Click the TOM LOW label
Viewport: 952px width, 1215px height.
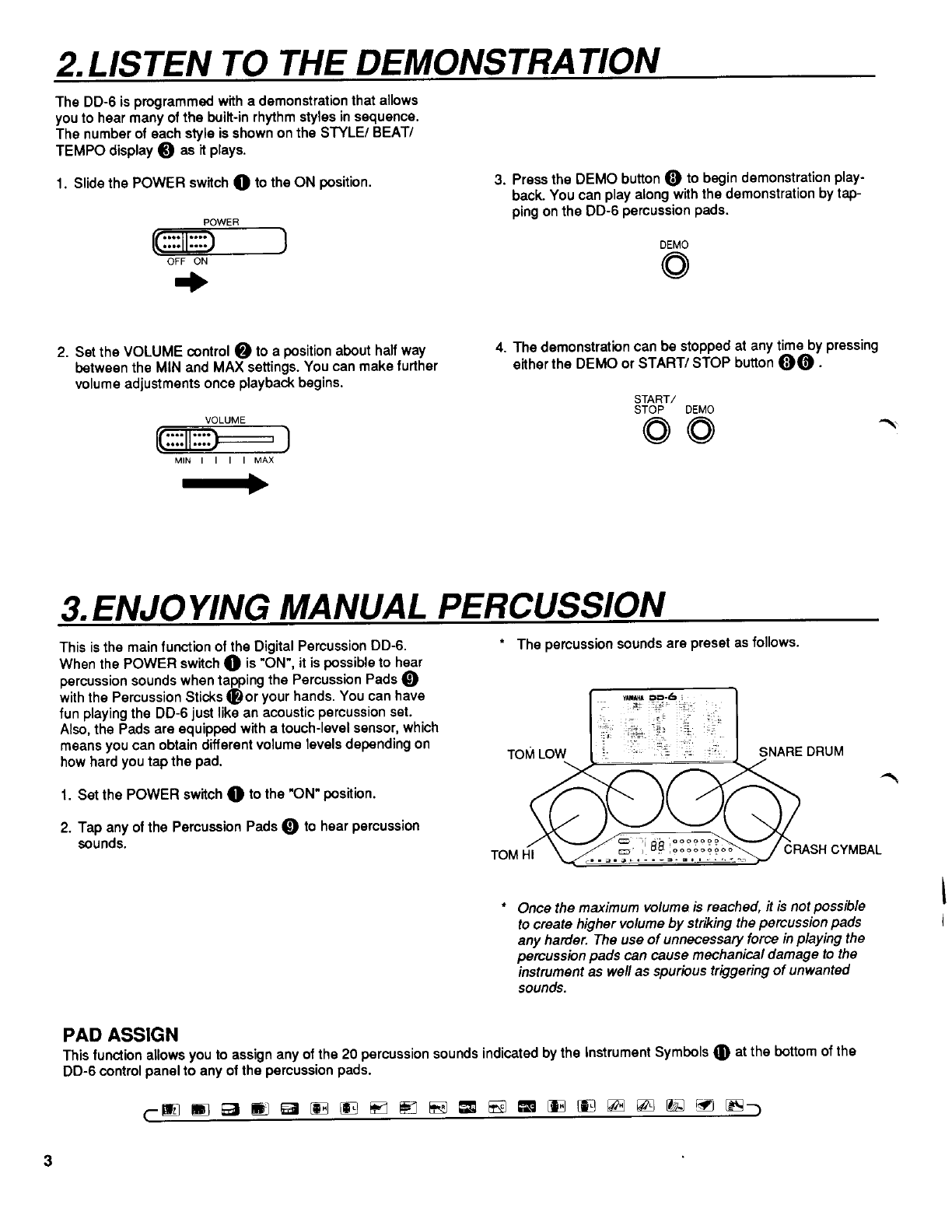point(537,754)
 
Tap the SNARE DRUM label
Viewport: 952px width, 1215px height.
point(800,752)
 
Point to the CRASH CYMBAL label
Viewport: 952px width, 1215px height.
point(832,849)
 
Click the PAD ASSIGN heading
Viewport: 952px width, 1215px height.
point(121,1034)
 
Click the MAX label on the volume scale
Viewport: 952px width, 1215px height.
point(264,460)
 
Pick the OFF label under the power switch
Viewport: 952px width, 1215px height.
point(175,262)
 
